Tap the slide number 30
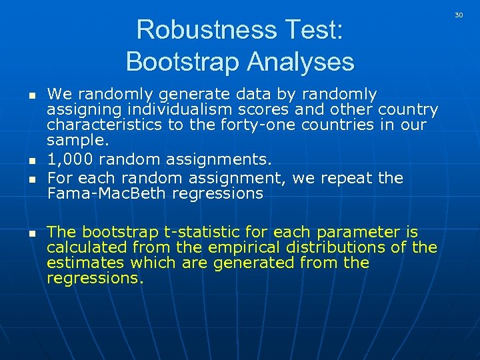[459, 14]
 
